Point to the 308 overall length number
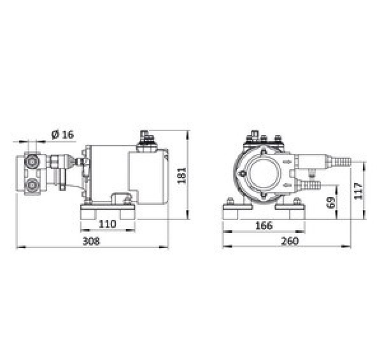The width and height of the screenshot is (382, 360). tap(94, 242)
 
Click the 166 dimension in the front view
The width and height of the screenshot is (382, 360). tap(260, 224)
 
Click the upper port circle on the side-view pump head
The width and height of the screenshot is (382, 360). tap(32, 163)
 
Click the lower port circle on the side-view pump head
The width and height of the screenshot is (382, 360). tap(32, 187)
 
